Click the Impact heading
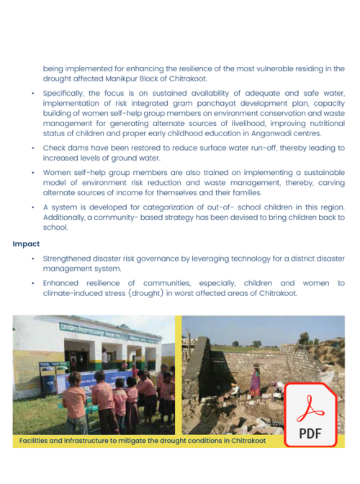pyautogui.click(x=26, y=243)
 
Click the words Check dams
pyautogui.click(x=66, y=148)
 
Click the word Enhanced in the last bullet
pyautogui.click(x=63, y=283)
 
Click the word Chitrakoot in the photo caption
pyautogui.click(x=244, y=440)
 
